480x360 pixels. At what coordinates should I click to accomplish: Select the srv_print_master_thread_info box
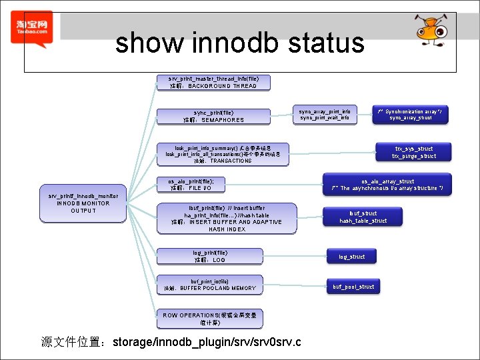pos(213,82)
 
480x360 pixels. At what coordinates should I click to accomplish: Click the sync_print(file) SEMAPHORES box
pos(213,117)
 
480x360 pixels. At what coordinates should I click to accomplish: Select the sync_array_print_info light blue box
pos(325,114)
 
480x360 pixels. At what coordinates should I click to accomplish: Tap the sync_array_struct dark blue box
pos(410,114)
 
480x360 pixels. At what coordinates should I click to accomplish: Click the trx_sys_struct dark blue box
pos(414,153)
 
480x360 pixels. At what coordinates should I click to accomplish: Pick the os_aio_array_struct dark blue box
pos(387,185)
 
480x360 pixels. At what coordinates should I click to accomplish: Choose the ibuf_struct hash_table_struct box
pos(363,217)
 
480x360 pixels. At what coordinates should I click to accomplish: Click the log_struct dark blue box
pos(352,257)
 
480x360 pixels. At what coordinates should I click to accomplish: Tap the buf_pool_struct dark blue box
pos(353,287)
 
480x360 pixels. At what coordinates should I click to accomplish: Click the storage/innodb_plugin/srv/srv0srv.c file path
pos(207,343)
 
